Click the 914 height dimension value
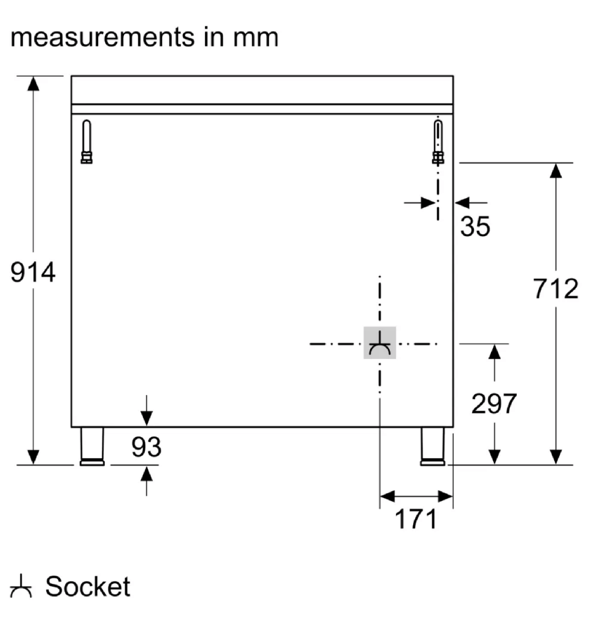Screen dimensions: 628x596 pyautogui.click(x=33, y=272)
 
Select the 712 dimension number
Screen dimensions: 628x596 pyautogui.click(x=555, y=289)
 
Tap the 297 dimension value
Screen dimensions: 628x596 pyautogui.click(x=494, y=404)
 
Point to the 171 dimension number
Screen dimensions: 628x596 pyautogui.click(x=416, y=519)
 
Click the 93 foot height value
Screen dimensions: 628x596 pyautogui.click(x=146, y=447)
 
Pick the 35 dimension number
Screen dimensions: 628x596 pyautogui.click(x=476, y=227)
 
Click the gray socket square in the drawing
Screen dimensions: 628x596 pyautogui.click(x=380, y=343)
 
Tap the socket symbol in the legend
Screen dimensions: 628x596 pyautogui.click(x=23, y=587)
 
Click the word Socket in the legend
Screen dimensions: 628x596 pyautogui.click(x=88, y=587)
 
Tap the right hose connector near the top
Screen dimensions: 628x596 pyautogui.click(x=438, y=142)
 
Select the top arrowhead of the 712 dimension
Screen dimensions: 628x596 pyautogui.click(x=555, y=171)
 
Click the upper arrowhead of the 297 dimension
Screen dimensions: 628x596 pyautogui.click(x=494, y=352)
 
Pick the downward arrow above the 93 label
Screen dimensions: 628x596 pyautogui.click(x=146, y=417)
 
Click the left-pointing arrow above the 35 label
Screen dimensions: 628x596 pyautogui.click(x=462, y=202)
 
